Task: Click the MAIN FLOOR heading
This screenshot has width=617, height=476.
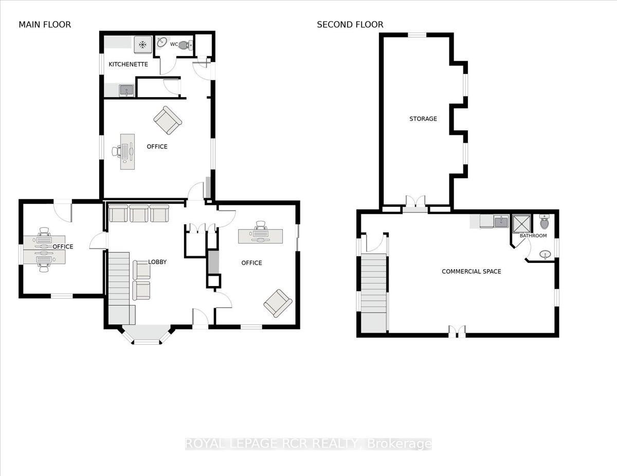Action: [45, 25]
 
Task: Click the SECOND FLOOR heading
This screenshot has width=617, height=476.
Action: [350, 25]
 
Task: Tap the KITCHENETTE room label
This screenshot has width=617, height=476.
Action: [128, 64]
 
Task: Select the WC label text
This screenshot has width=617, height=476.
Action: [174, 44]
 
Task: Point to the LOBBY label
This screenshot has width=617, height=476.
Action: [157, 262]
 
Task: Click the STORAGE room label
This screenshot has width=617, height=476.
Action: [423, 119]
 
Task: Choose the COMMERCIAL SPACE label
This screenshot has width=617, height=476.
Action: [471, 271]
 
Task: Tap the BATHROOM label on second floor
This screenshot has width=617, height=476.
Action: [533, 236]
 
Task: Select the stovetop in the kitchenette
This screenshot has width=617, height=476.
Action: [142, 45]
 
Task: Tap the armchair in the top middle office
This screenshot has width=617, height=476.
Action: [167, 120]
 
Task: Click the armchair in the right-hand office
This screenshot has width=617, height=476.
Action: [278, 303]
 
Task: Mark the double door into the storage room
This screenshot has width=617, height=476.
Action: [415, 202]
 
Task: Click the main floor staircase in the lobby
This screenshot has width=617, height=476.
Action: [120, 288]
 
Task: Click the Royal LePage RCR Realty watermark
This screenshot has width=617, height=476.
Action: [308, 444]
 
